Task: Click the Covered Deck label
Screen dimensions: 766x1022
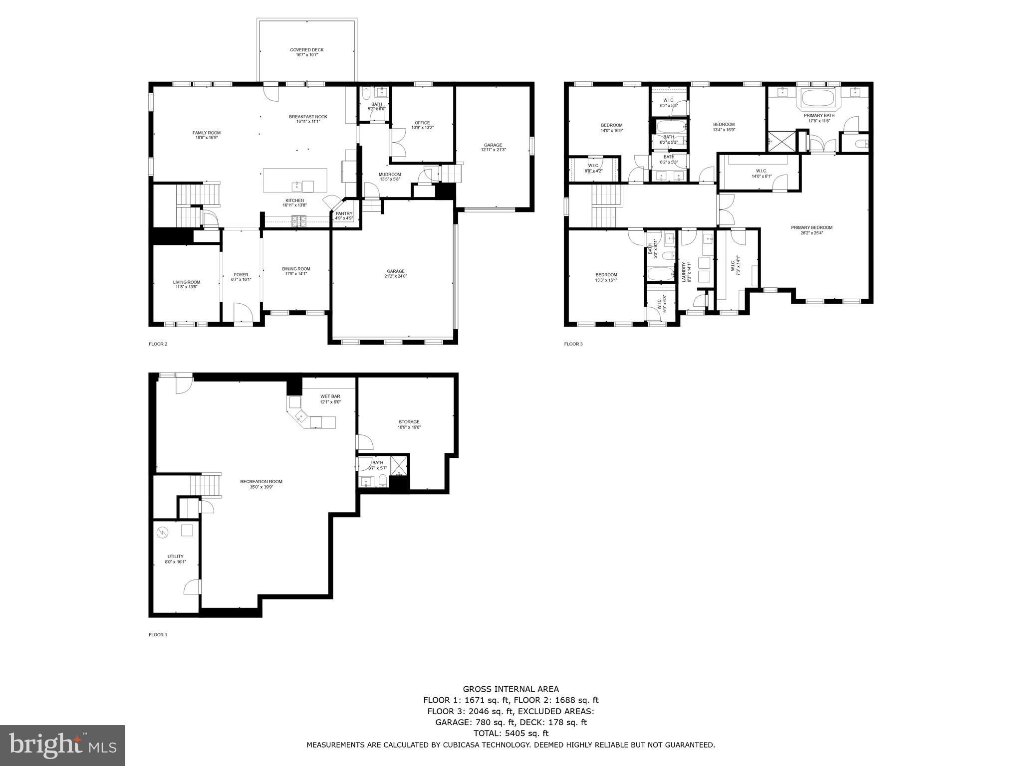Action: coord(307,50)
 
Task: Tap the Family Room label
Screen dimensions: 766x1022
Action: coord(206,133)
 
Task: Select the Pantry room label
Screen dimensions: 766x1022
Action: coord(344,213)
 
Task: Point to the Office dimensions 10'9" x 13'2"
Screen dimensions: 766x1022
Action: coord(422,128)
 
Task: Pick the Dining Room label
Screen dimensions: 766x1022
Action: coord(296,269)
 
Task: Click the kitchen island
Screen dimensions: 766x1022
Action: coord(295,180)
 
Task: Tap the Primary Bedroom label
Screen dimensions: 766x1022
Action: coord(811,227)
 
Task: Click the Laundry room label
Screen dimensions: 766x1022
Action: coord(684,272)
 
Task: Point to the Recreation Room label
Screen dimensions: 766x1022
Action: coord(261,481)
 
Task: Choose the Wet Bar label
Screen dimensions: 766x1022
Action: coord(330,396)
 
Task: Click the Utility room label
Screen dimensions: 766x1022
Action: coord(175,556)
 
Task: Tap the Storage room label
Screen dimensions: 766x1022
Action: coord(409,422)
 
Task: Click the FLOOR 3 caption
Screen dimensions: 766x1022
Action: coord(573,344)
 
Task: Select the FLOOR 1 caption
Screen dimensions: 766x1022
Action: coord(158,635)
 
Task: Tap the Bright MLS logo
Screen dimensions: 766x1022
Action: coord(62,746)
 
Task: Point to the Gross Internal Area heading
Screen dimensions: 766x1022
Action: coord(511,689)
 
